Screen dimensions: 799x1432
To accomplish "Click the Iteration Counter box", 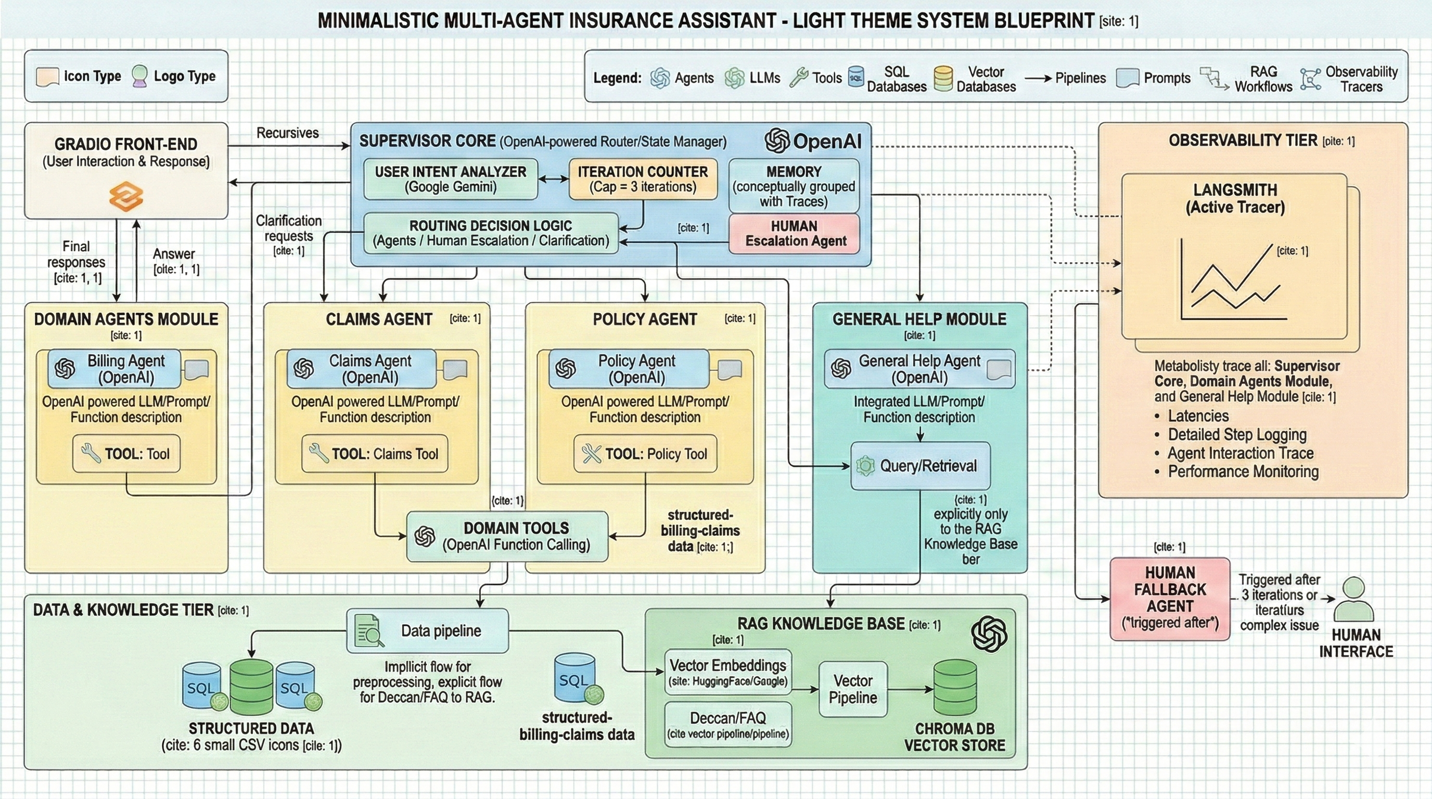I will click(643, 179).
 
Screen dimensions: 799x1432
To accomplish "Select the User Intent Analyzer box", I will click(450, 179).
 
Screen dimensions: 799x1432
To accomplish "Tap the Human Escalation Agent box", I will click(795, 234).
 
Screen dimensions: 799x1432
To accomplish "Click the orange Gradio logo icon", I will click(126, 196).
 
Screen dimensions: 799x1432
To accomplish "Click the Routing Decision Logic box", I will click(490, 234).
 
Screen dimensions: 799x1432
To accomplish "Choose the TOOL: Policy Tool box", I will click(645, 454).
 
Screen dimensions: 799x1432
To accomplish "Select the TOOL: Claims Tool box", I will click(375, 454).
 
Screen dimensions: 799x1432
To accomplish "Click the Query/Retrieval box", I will click(920, 466).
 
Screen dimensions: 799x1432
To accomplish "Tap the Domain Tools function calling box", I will click(507, 536).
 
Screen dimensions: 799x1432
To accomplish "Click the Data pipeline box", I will click(427, 630).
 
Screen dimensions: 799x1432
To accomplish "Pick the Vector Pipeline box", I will click(853, 689).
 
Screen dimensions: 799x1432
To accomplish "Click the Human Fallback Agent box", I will click(1170, 598).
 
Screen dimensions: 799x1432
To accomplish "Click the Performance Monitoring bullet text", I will click(1243, 472).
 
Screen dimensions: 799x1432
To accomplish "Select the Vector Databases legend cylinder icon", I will click(943, 79).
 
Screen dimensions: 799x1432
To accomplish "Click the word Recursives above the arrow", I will click(287, 133).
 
